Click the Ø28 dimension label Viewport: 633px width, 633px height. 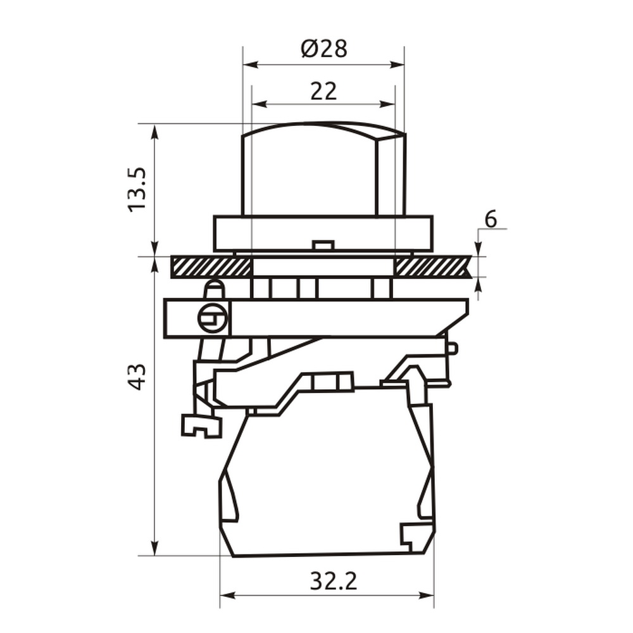point(323,49)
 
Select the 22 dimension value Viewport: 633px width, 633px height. point(323,91)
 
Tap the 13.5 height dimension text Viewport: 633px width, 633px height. point(137,189)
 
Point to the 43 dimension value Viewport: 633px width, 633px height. point(137,377)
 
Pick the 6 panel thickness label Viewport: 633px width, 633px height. point(491,220)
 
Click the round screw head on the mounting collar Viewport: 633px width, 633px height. point(213,318)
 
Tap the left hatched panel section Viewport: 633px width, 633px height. point(211,267)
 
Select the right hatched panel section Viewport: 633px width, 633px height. point(434,267)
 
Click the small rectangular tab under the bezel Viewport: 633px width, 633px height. point(323,245)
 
